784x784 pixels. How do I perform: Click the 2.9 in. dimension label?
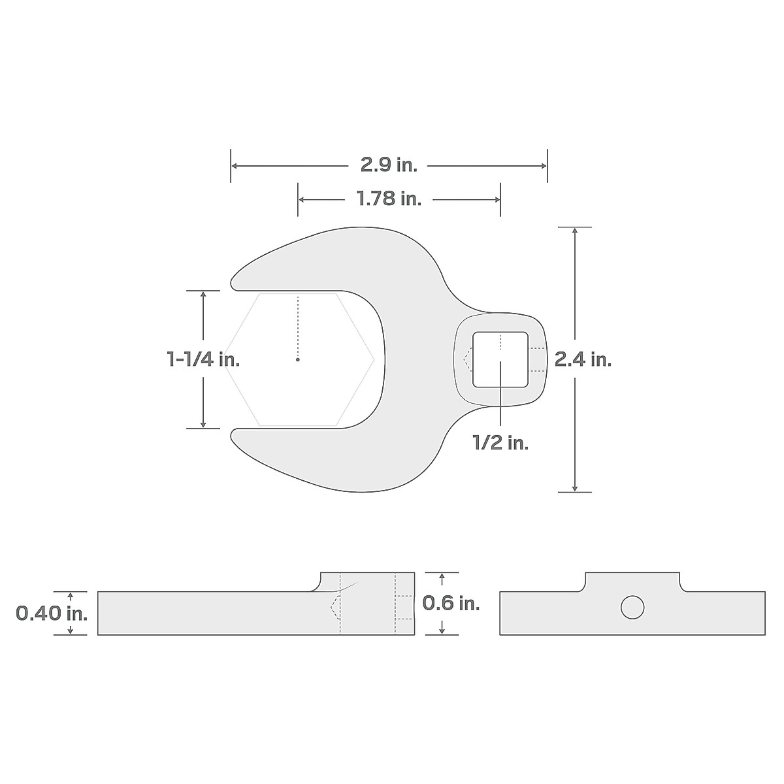click(389, 166)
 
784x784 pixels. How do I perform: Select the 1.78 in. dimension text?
click(389, 199)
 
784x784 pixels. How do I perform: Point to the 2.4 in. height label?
click(583, 359)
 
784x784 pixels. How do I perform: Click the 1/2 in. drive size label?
click(500, 443)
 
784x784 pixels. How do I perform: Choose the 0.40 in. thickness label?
click(52, 613)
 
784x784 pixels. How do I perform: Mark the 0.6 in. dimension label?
click(451, 603)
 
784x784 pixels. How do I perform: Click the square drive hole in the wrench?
click(500, 359)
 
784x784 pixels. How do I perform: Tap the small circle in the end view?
click(632, 608)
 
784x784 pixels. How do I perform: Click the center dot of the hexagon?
click(297, 359)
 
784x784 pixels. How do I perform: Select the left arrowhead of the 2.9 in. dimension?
click(235, 166)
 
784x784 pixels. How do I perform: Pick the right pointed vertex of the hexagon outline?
click(374, 359)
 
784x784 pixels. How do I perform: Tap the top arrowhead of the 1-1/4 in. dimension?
click(203, 295)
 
